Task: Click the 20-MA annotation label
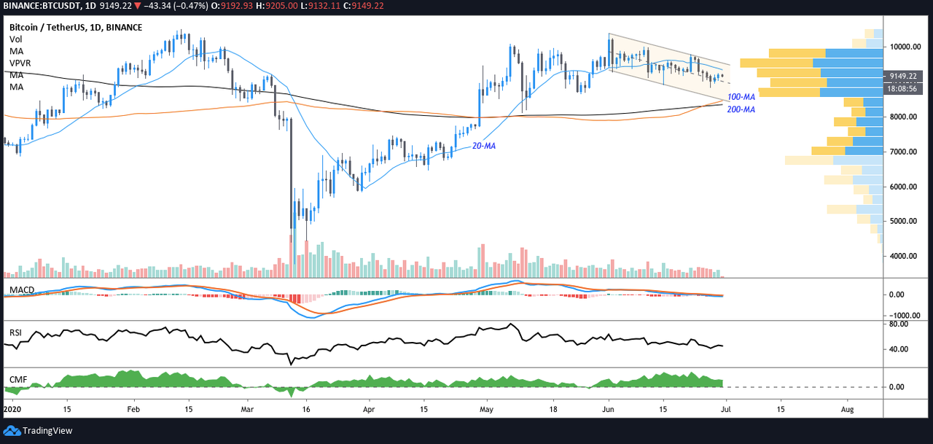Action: tap(483, 147)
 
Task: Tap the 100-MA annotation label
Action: tap(741, 97)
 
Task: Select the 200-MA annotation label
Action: tap(741, 109)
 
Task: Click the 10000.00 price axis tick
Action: tap(905, 47)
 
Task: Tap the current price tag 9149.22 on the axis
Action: tap(903, 77)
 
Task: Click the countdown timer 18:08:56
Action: tap(902, 89)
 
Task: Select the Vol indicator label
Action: tap(16, 39)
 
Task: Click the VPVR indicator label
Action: tap(20, 63)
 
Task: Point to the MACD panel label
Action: tap(22, 290)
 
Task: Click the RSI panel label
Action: tap(15, 332)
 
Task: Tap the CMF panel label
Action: tap(18, 379)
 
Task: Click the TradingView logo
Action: tap(38, 431)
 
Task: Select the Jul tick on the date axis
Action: tap(726, 409)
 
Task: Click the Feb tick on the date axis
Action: tap(133, 409)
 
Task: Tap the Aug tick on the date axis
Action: tap(847, 409)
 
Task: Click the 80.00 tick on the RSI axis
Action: tap(899, 324)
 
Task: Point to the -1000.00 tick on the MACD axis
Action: tap(902, 315)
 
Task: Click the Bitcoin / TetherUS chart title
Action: tap(76, 28)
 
